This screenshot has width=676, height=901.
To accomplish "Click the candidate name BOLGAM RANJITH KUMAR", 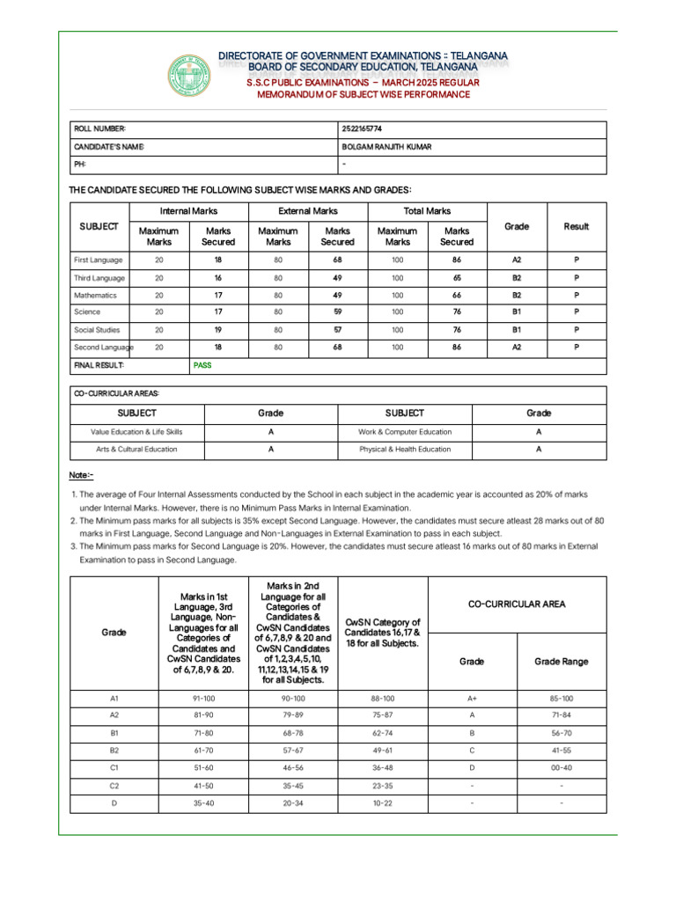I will click(x=386, y=147).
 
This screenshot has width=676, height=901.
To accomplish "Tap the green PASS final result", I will click(x=202, y=364).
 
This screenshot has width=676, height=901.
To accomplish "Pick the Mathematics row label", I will click(x=95, y=296).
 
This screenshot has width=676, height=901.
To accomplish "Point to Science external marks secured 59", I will click(x=337, y=311).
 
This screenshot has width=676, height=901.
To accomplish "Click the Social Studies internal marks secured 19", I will click(x=217, y=329).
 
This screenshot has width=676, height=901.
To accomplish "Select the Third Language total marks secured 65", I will click(x=456, y=278).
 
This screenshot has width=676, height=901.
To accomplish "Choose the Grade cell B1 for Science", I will click(x=516, y=311).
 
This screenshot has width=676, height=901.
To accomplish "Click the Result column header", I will click(x=577, y=227).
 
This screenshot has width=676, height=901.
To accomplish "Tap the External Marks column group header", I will click(x=307, y=211).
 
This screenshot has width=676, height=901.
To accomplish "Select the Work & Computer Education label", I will click(x=405, y=432).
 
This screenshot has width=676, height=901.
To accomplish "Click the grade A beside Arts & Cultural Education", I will click(x=271, y=449).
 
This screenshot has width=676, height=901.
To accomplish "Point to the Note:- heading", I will click(x=81, y=475).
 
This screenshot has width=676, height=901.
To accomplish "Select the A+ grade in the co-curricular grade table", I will click(x=472, y=699).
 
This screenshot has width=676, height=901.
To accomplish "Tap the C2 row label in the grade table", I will click(x=114, y=785).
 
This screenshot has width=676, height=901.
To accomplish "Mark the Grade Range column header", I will click(x=561, y=662).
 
